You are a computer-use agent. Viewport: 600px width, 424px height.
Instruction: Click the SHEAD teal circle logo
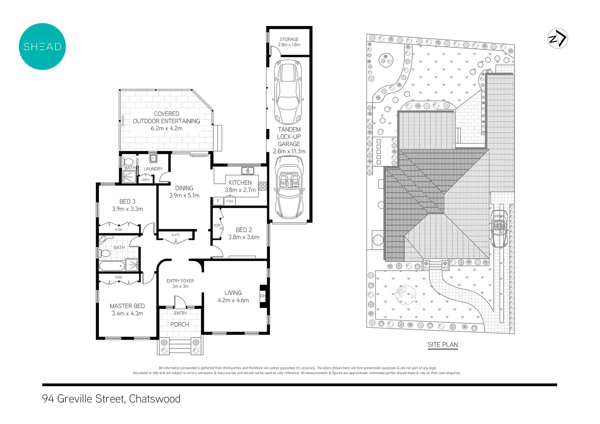(42, 46)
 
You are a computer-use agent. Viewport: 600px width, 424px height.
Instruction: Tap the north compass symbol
(558, 38)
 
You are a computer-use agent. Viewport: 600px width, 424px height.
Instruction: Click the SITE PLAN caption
(443, 345)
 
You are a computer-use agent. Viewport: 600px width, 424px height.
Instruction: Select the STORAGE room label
(289, 39)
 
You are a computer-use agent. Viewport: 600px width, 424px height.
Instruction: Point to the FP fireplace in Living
(263, 296)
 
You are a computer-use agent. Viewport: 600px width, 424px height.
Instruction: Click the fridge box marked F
(218, 201)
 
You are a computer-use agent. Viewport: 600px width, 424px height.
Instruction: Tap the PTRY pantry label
(230, 201)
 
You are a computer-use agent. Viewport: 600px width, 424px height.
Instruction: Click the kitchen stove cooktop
(263, 186)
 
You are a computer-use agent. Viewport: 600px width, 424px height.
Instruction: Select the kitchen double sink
(248, 170)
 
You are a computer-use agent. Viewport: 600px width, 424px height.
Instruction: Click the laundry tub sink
(153, 159)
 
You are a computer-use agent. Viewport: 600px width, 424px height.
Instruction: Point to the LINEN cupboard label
(145, 180)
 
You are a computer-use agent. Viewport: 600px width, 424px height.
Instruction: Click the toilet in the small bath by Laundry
(128, 162)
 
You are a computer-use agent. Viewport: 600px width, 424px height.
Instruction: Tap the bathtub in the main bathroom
(112, 266)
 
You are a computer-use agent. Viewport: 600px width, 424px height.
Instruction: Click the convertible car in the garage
(289, 187)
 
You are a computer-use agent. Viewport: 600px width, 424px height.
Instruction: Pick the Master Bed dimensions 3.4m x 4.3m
(127, 313)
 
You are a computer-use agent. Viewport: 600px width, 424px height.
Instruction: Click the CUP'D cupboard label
(175, 235)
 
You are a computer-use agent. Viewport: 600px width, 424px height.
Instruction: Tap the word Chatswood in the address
(155, 399)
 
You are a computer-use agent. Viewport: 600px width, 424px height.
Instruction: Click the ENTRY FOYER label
(180, 281)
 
